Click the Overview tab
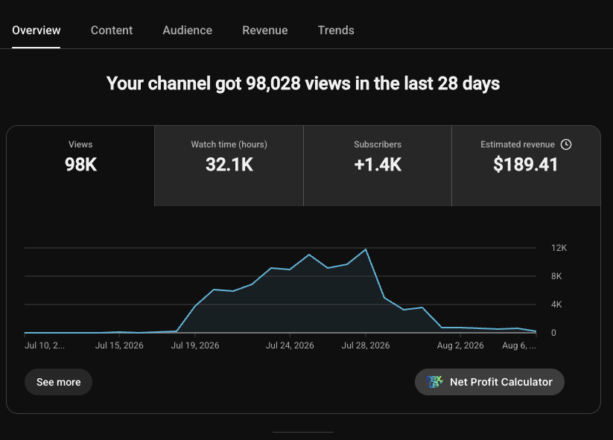point(36,31)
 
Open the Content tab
point(112,31)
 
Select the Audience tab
point(187,31)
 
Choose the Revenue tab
point(264,31)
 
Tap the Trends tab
point(336,31)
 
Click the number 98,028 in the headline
point(273,83)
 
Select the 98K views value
point(80,165)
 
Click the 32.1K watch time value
point(229,165)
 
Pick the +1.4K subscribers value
point(378,165)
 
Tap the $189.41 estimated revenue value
point(525,165)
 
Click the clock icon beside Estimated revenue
point(565,144)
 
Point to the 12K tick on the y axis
point(559,248)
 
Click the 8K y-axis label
point(556,276)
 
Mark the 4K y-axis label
point(556,305)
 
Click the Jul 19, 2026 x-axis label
point(195,345)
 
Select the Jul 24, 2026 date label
point(290,345)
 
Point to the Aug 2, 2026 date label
point(460,345)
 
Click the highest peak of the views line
point(366,249)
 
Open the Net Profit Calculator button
point(489,382)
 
